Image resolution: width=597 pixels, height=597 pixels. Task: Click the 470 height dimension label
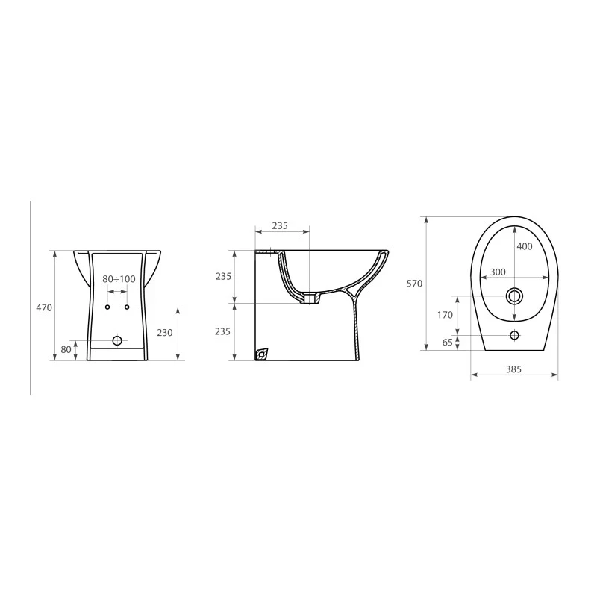(x=44, y=307)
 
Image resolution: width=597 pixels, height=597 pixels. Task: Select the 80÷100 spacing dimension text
(x=119, y=279)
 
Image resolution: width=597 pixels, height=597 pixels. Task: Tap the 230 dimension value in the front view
(x=165, y=334)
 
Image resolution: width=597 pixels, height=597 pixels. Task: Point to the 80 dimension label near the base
(x=66, y=349)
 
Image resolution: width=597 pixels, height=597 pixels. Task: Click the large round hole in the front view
(x=117, y=340)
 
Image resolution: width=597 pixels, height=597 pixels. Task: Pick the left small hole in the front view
(x=107, y=307)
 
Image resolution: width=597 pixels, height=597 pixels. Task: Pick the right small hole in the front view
(x=128, y=307)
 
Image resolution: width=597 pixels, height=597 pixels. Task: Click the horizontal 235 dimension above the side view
(x=280, y=225)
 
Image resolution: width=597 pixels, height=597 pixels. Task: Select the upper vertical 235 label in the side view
(x=223, y=276)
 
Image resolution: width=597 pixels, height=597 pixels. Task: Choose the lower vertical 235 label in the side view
(x=223, y=331)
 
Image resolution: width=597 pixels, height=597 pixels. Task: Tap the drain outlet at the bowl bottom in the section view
(x=310, y=299)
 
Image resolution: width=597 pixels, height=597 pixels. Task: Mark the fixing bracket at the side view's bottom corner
(x=261, y=354)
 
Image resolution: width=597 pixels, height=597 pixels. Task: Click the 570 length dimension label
(x=415, y=284)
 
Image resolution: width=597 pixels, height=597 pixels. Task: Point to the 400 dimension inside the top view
(x=524, y=246)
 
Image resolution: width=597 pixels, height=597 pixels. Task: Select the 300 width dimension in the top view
(x=498, y=272)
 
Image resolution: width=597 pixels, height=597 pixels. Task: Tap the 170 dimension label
(x=445, y=315)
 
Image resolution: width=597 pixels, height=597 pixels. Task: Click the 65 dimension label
(x=447, y=343)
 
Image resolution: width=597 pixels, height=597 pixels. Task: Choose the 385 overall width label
(x=513, y=369)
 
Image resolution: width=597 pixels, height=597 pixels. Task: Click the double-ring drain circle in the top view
(x=514, y=296)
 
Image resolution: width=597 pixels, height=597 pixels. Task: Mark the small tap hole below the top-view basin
(x=514, y=335)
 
